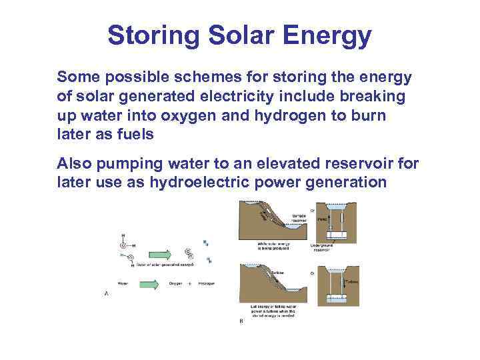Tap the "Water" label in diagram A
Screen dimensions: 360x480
(123, 283)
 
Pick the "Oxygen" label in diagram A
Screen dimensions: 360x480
(175, 283)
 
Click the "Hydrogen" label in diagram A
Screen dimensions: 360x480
(205, 283)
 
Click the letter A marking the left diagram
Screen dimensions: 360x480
(107, 293)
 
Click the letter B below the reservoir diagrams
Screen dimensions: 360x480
(241, 321)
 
